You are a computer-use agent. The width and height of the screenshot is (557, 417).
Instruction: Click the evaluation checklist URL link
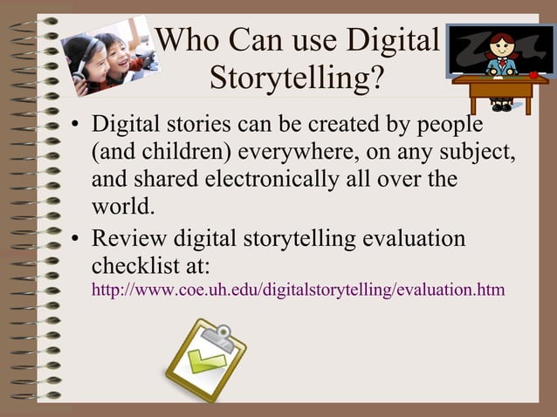point(298,289)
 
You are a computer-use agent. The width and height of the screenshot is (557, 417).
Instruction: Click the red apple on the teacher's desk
point(533,74)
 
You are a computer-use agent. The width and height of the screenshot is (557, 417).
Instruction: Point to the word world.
point(123,208)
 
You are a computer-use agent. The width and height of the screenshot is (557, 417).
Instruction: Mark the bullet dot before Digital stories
point(77,125)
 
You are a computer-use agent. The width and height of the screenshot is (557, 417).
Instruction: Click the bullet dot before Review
point(77,239)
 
